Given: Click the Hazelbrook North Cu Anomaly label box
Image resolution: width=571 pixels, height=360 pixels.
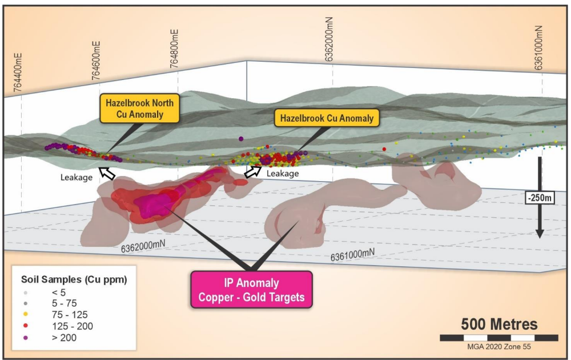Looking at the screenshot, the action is [139, 108].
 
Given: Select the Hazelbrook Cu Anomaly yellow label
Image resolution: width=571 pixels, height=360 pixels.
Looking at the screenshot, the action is [327, 118].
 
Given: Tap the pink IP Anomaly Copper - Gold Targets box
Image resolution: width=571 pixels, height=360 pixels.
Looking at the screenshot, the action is [252, 290].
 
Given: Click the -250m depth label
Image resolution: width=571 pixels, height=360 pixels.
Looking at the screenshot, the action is [540, 198].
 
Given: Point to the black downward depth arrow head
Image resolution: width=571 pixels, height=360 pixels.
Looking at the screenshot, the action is [540, 233].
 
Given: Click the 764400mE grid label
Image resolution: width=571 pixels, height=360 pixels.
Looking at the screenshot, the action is [18, 73].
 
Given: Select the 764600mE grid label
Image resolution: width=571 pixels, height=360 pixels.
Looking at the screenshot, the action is [96, 61].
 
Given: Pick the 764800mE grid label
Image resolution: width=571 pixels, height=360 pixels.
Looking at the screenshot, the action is [174, 49].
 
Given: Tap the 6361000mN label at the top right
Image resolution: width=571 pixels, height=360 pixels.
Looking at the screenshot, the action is [538, 47].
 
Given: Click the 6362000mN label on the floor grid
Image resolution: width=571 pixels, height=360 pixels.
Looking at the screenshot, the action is [143, 246].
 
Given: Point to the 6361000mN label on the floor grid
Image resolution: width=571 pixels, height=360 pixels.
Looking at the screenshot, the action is [352, 254].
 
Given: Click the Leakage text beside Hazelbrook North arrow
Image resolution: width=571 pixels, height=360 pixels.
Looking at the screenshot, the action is [77, 178].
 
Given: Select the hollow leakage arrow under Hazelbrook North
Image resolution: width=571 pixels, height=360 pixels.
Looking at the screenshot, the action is [107, 173].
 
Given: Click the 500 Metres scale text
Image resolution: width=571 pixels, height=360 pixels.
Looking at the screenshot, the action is [499, 324].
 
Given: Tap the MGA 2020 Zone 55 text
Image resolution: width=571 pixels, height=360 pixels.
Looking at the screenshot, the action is [499, 346].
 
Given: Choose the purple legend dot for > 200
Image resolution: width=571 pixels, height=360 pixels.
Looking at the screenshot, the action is [26, 338].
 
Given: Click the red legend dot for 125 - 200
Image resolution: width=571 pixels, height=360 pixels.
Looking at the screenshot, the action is [26, 326].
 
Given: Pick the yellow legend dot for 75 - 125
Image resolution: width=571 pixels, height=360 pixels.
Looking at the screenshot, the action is [26, 314].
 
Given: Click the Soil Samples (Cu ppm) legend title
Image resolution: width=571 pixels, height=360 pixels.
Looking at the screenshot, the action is [74, 279].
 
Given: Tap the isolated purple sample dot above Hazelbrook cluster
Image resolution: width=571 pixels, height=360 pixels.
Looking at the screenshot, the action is [241, 139].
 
